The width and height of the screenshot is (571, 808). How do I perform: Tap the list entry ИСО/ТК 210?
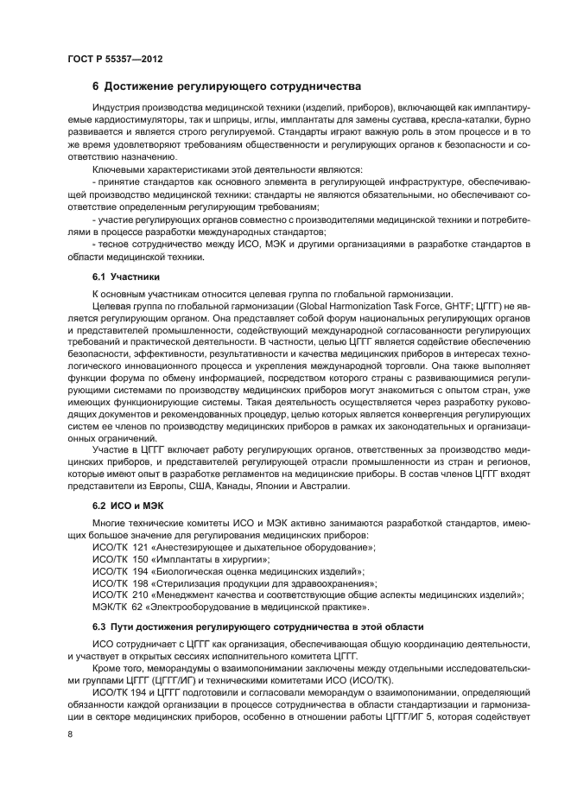306,595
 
